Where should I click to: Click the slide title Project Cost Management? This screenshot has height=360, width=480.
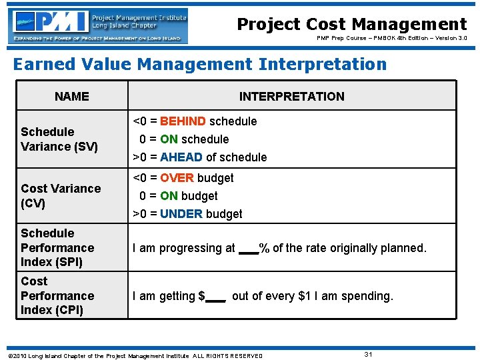click(352, 25)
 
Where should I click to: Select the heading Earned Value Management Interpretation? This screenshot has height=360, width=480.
click(200, 65)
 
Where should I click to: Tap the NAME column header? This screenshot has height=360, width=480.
click(71, 96)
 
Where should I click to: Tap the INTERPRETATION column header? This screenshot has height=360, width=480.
click(291, 96)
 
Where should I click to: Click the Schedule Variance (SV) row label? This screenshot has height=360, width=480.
click(59, 139)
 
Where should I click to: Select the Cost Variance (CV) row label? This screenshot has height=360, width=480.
click(60, 195)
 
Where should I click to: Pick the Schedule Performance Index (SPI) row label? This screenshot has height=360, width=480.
click(57, 247)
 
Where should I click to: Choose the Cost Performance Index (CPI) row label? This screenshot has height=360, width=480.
click(57, 295)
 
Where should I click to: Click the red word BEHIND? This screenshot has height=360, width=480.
click(183, 121)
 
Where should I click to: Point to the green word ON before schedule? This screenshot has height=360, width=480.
click(169, 139)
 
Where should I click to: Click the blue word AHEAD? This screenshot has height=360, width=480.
click(181, 157)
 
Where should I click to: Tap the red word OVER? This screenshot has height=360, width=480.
click(177, 178)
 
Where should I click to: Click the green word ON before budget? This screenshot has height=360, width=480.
click(169, 196)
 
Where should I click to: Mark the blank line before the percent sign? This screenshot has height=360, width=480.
click(248, 253)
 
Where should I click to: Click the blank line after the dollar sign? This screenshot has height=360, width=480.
click(215, 301)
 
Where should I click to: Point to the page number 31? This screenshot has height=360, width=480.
click(368, 353)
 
